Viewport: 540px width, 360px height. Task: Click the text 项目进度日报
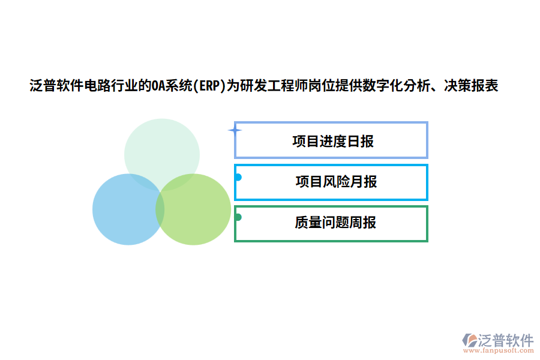(333, 142)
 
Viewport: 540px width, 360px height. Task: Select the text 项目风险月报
(336, 182)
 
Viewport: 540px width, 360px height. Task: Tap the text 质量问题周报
(335, 223)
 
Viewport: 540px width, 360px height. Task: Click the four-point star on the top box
(235, 130)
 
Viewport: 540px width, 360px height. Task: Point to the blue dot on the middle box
(238, 177)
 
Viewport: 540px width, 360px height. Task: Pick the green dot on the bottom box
(238, 217)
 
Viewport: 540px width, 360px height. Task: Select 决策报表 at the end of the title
(471, 86)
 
